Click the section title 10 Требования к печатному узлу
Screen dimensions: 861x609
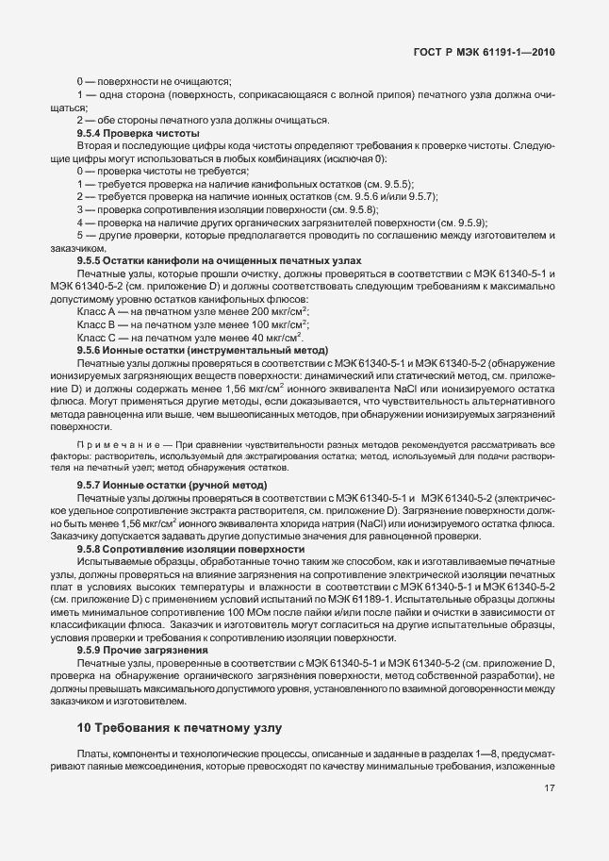point(179,728)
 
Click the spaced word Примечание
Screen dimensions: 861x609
point(114,443)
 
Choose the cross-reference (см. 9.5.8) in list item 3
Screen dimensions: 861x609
point(351,209)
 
